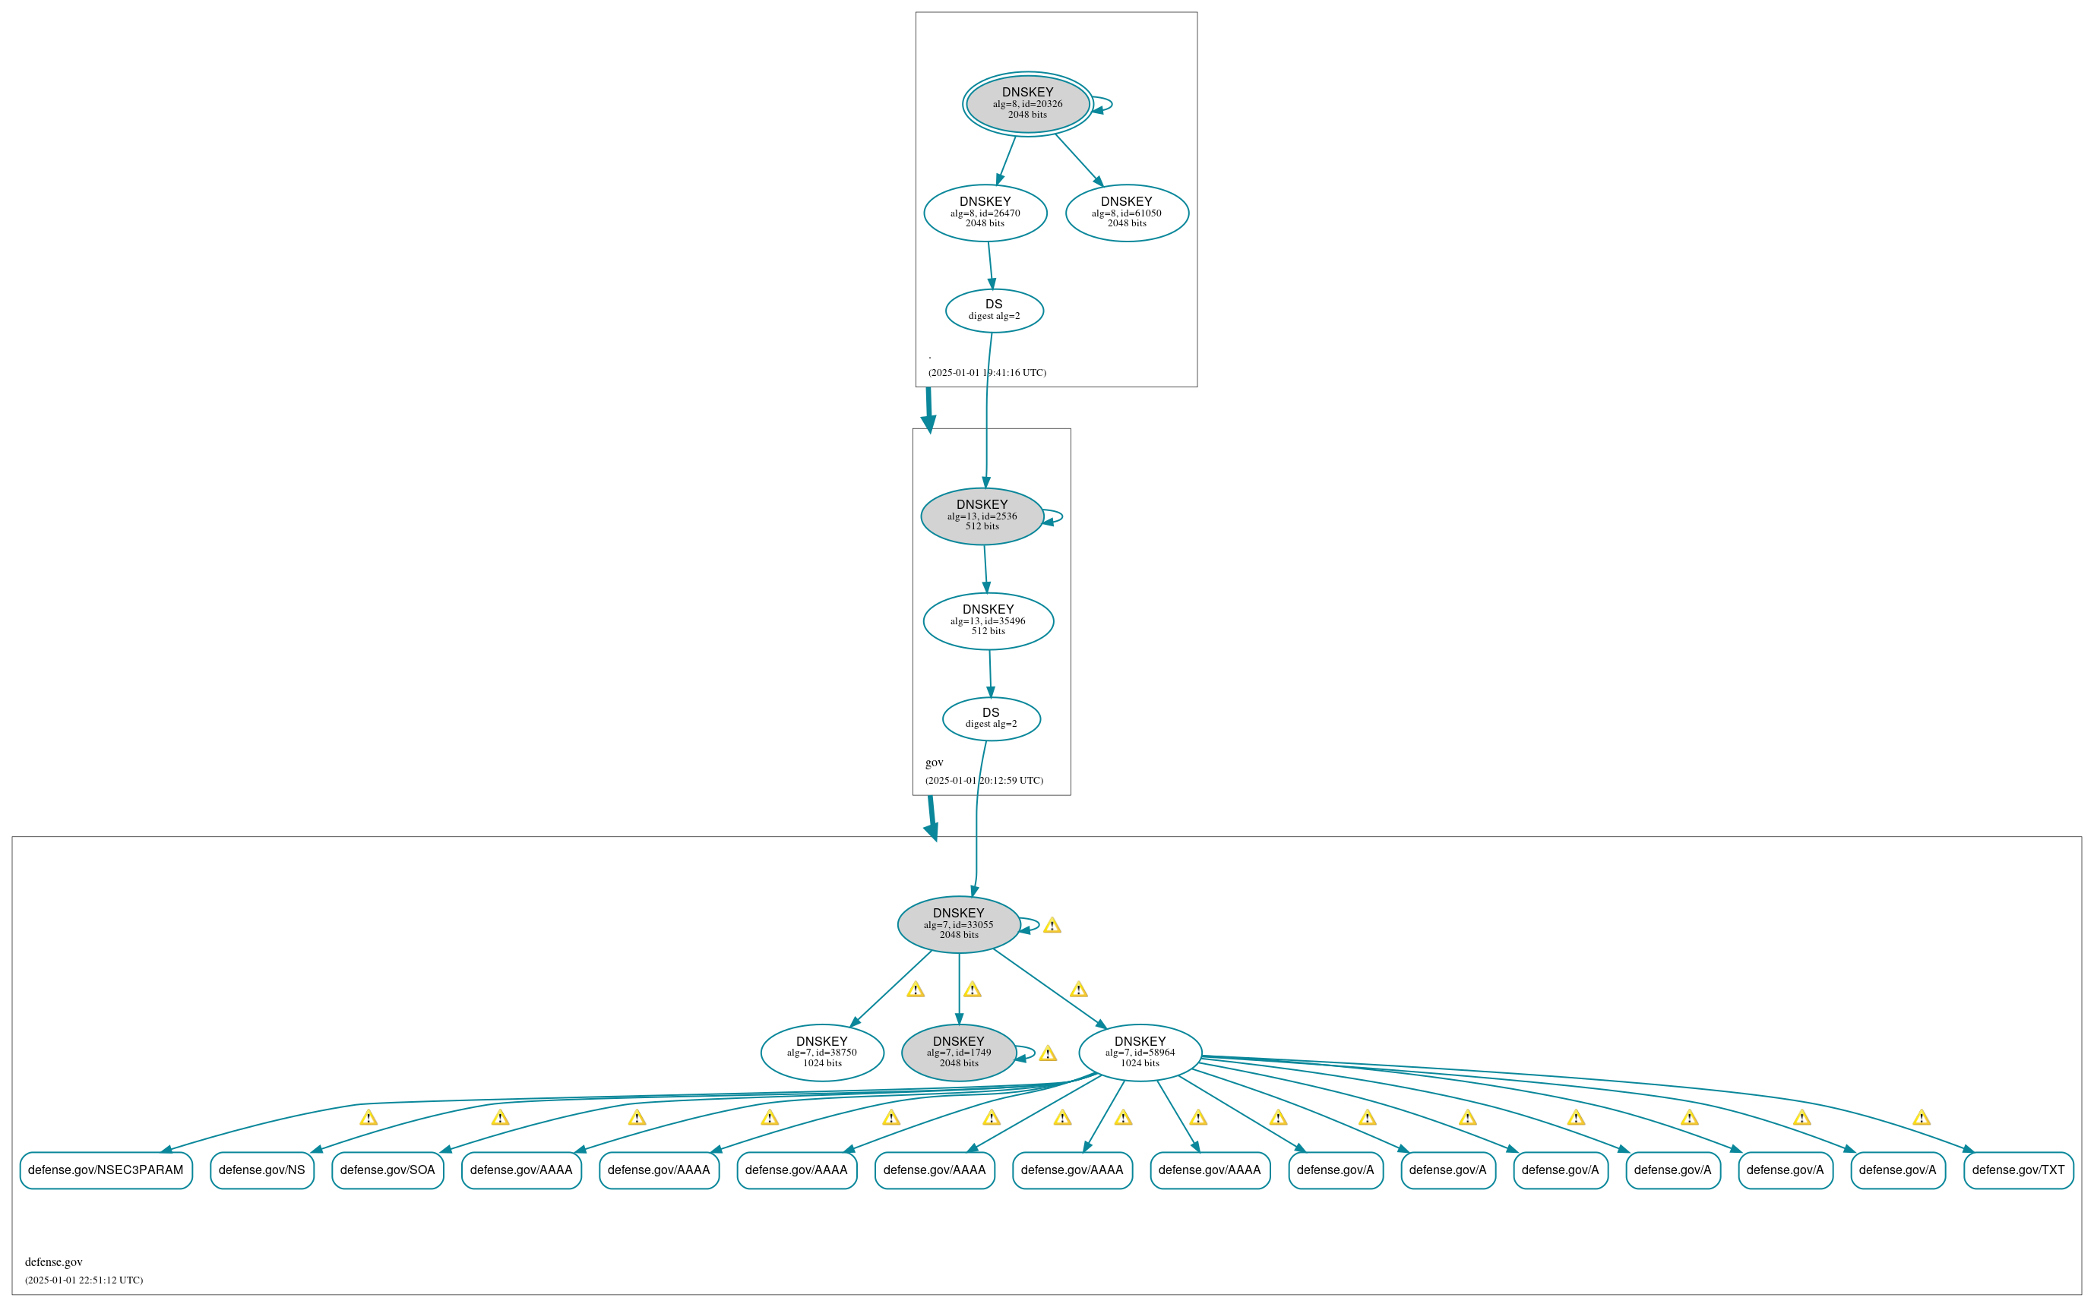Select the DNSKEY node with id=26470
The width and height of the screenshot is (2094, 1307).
[985, 213]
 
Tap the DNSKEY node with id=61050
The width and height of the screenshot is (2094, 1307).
[1127, 213]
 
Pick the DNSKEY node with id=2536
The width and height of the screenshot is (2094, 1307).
[982, 516]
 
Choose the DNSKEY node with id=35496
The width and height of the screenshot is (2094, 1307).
[988, 620]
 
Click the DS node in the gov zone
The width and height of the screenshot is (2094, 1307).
[991, 718]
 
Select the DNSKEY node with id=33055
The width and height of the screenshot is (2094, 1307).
[958, 924]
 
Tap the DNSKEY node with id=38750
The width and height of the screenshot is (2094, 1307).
[821, 1052]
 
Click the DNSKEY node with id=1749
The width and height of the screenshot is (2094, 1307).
[958, 1052]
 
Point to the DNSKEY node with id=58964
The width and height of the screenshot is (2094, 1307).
[1140, 1052]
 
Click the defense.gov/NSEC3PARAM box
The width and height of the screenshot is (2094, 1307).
[106, 1170]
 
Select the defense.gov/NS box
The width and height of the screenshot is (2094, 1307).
[262, 1170]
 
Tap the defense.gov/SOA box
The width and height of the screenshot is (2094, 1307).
[387, 1170]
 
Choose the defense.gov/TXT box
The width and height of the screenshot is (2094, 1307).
[2018, 1170]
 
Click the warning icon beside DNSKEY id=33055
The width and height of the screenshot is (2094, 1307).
[1052, 926]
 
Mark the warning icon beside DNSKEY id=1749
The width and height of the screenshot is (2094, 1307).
[1048, 1053]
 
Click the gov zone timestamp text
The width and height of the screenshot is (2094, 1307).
[984, 781]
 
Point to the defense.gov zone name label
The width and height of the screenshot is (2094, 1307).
[54, 1262]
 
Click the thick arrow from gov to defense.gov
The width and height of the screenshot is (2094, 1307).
[932, 817]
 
